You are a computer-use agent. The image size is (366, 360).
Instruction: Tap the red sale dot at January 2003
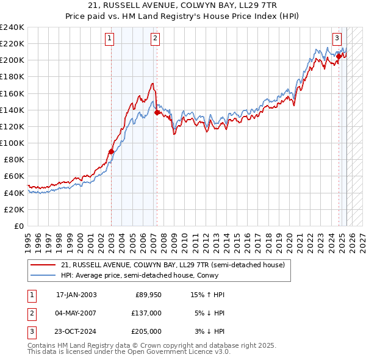(112, 151)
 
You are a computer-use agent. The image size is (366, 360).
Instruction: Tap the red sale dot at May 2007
(157, 112)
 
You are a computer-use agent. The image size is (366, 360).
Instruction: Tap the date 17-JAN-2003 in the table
(76, 295)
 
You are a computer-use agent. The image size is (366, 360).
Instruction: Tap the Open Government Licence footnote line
(129, 352)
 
